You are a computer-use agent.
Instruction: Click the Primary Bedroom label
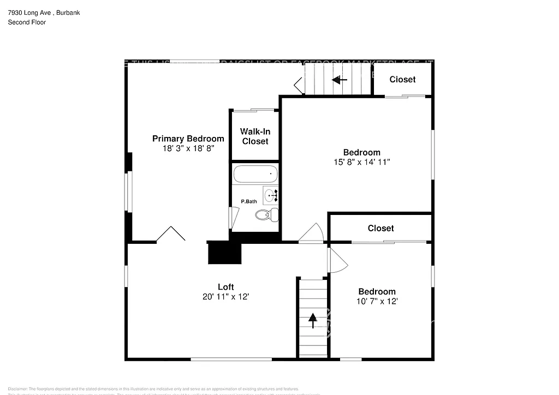point(188,139)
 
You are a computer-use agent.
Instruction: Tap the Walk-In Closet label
point(255,136)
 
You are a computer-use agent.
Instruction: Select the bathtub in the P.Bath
point(255,175)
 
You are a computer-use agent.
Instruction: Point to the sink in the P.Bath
point(271,194)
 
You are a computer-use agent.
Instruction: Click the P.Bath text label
point(249,202)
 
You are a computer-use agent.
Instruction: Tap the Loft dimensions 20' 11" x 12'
point(225,297)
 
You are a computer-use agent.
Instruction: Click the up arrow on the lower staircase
point(313,320)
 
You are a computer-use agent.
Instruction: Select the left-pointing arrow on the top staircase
point(340,80)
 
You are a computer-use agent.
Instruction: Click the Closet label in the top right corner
point(402,80)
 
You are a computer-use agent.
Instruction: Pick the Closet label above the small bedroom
point(380,228)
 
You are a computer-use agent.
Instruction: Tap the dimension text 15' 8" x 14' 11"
point(361,162)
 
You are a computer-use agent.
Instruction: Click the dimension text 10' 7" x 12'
point(377,301)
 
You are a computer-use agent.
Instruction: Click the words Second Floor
point(27,22)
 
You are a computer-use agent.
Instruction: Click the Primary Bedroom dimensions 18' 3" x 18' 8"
point(188,148)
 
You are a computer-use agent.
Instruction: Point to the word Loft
point(225,287)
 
